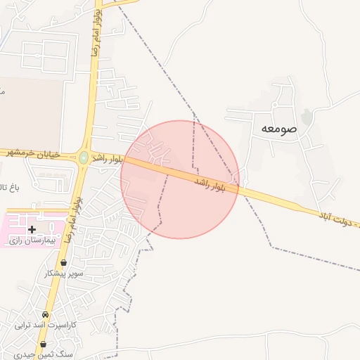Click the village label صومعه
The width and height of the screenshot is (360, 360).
click(x=279, y=129)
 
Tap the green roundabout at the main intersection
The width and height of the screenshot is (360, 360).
click(x=84, y=158)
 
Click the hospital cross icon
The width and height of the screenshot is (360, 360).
click(x=32, y=229)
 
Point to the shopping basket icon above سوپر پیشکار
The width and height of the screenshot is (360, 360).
click(x=64, y=263)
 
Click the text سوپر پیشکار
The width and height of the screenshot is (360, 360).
click(x=64, y=273)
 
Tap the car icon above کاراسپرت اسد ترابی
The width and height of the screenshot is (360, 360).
click(x=46, y=314)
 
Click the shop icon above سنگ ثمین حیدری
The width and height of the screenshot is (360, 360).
click(x=44, y=345)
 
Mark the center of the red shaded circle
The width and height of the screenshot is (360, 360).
click(x=180, y=179)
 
